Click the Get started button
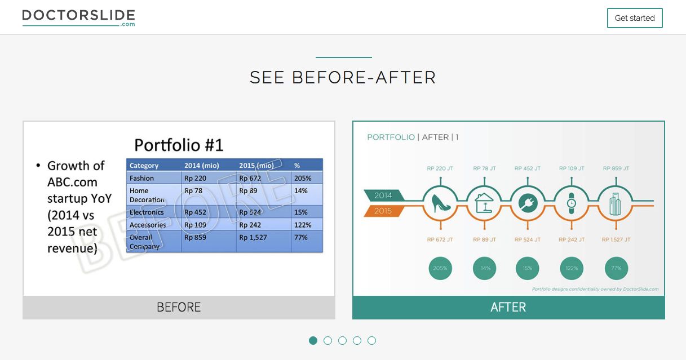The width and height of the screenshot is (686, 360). pyautogui.click(x=635, y=18)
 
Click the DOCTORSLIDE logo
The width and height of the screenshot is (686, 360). pyautogui.click(x=79, y=18)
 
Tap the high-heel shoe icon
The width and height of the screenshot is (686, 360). pyautogui.click(x=441, y=203)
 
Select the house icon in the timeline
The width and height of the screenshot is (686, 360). pyautogui.click(x=484, y=203)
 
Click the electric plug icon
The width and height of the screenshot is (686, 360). pyautogui.click(x=528, y=203)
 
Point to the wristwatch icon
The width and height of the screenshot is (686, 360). pyautogui.click(x=572, y=203)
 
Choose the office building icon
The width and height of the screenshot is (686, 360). pyautogui.click(x=615, y=203)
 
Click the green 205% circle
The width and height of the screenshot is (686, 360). pyautogui.click(x=440, y=268)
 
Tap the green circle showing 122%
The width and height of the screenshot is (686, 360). pyautogui.click(x=572, y=268)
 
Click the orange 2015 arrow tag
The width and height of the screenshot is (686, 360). pyautogui.click(x=383, y=211)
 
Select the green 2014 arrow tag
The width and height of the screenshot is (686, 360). pyautogui.click(x=383, y=195)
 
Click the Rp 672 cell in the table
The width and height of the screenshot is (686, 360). pyautogui.click(x=250, y=178)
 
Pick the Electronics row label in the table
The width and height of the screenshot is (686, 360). pyautogui.click(x=147, y=212)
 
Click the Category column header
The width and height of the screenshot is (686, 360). pyautogui.click(x=144, y=166)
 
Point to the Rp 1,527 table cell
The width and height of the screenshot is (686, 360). pyautogui.click(x=253, y=238)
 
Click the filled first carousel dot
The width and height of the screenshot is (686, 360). pyautogui.click(x=313, y=340)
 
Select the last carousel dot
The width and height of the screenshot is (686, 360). pyautogui.click(x=372, y=340)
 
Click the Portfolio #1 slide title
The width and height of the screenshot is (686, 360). pyautogui.click(x=179, y=145)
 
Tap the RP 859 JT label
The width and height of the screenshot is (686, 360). pyautogui.click(x=616, y=168)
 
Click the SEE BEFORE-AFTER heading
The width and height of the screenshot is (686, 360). pyautogui.click(x=343, y=77)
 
